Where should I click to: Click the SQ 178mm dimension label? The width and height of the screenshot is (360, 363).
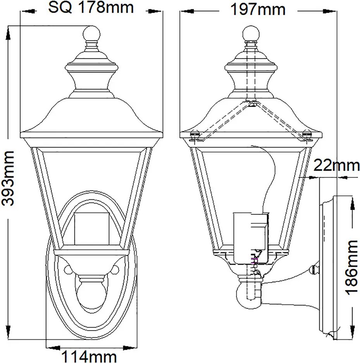[x=91, y=7]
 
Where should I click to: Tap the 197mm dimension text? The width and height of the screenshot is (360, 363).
[x=258, y=10]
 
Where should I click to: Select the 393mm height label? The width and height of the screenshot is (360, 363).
[x=8, y=178]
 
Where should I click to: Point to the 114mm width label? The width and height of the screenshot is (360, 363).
[x=89, y=356]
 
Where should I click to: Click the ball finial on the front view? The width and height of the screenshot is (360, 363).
[x=91, y=34]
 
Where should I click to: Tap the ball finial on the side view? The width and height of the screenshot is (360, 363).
[x=251, y=34]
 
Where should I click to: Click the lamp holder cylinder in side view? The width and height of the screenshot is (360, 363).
[x=251, y=238]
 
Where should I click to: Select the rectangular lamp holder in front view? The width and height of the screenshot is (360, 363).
[x=91, y=229]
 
